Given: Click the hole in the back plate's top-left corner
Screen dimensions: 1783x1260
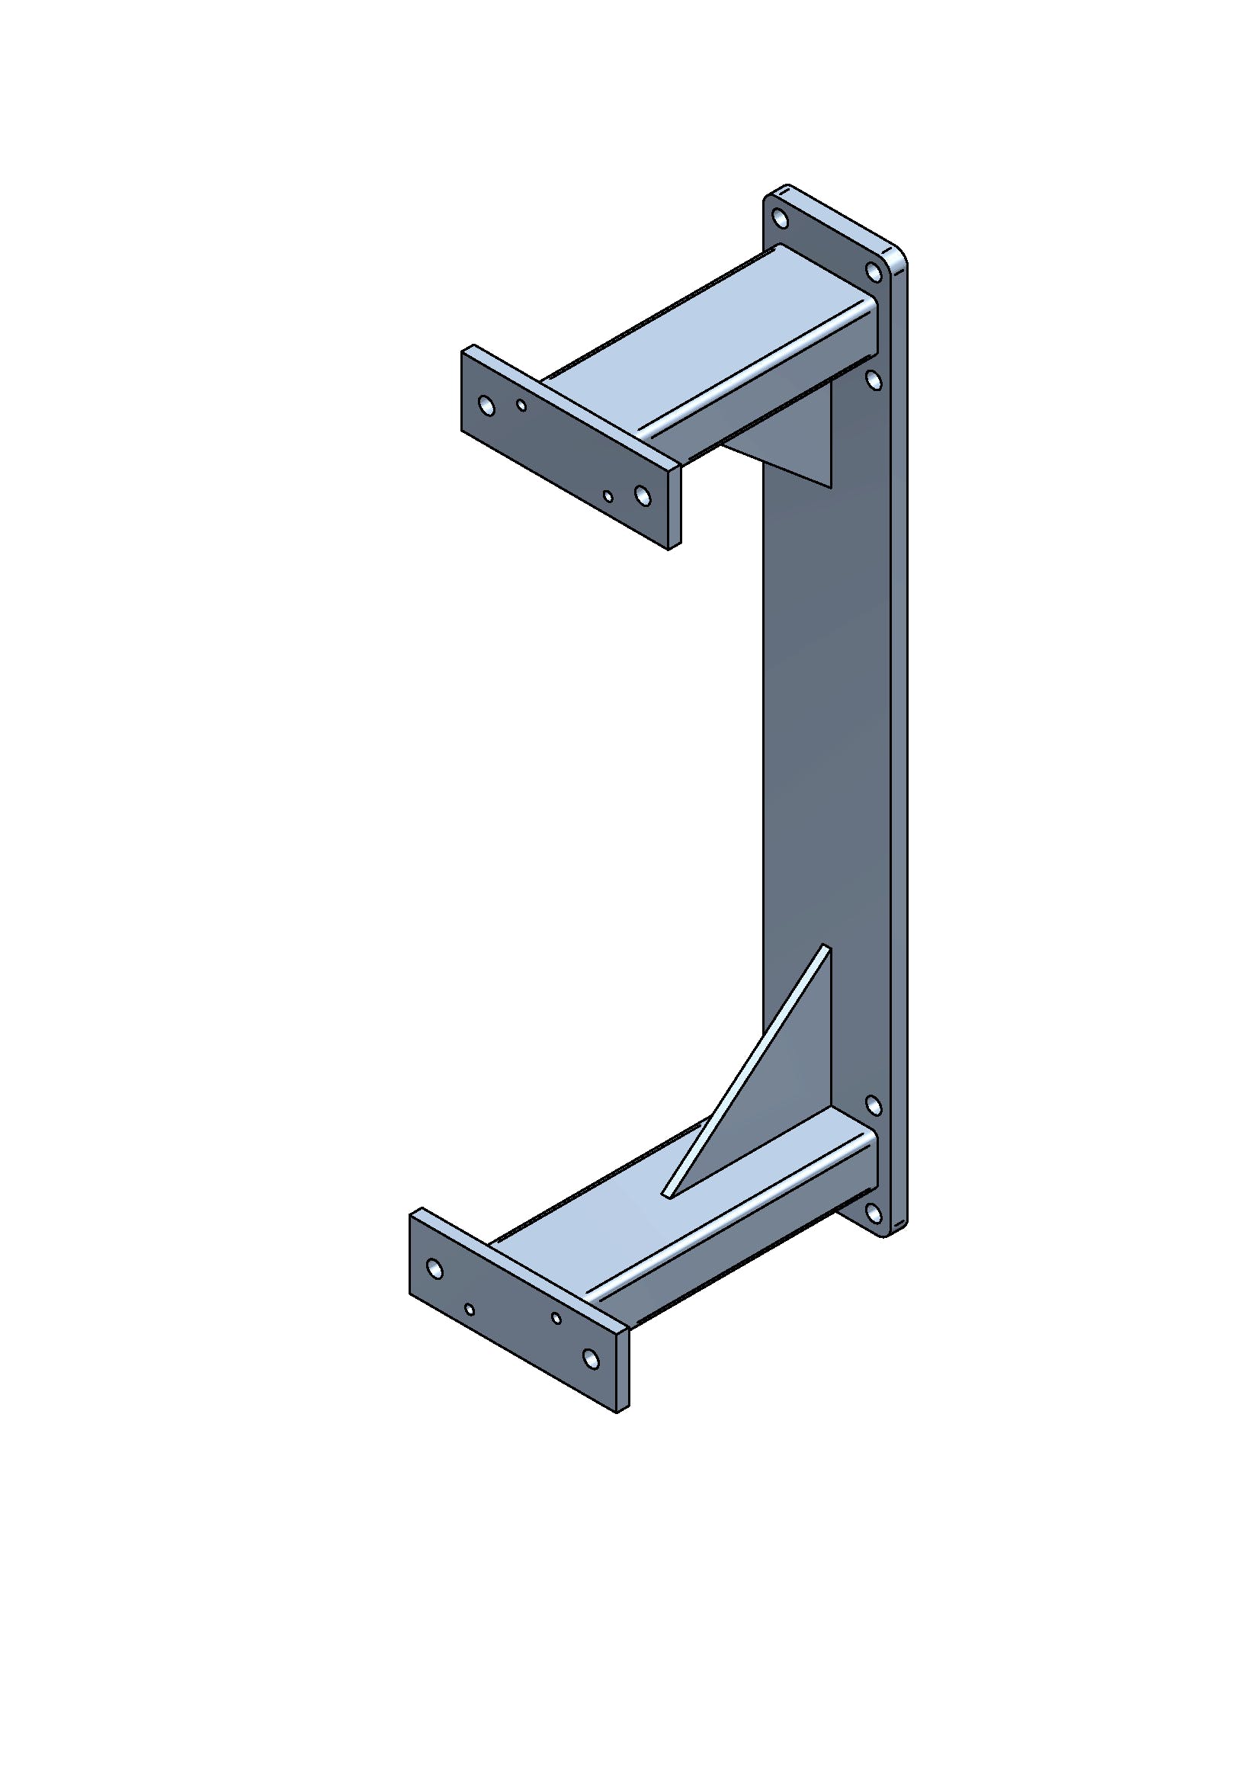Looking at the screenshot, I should coord(781,218).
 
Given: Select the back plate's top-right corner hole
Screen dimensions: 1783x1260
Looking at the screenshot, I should coord(874,272).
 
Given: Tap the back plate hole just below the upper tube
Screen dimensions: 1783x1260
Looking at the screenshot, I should coord(874,380).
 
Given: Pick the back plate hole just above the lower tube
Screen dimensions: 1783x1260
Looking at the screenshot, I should coord(874,1106).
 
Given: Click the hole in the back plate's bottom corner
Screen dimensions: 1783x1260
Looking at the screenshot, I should coord(874,1213).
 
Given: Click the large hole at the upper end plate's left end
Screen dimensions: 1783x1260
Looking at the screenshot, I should coord(487,406).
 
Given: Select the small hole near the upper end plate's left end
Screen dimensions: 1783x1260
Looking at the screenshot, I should coord(521,406).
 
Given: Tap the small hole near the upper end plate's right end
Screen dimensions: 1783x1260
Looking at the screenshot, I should coord(608,496).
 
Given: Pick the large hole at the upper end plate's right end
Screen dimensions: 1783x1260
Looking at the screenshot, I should coord(641,495).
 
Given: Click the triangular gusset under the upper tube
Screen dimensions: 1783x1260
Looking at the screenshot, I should coord(800,443).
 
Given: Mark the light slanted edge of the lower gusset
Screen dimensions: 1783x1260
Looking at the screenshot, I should coord(745,1072).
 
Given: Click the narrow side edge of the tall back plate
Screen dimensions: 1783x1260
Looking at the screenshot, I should coord(899,738).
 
